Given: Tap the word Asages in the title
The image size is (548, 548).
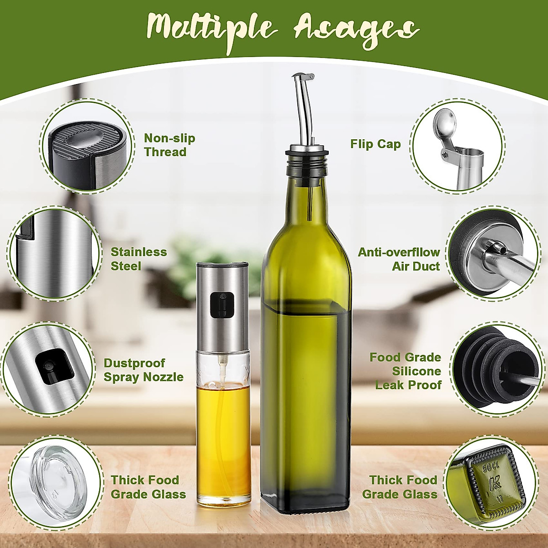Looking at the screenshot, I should coord(356,28).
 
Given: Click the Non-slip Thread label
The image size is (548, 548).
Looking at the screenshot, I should coord(169,145).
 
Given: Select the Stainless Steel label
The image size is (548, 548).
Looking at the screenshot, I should coord(139,259).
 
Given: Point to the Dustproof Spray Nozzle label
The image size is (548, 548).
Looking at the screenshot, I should coord(143,370).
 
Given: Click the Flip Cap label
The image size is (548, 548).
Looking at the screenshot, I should coord(375,144).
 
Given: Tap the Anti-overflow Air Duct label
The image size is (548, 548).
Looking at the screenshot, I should coord(399,259).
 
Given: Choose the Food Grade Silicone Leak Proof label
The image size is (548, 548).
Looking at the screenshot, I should coord(406,371).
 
